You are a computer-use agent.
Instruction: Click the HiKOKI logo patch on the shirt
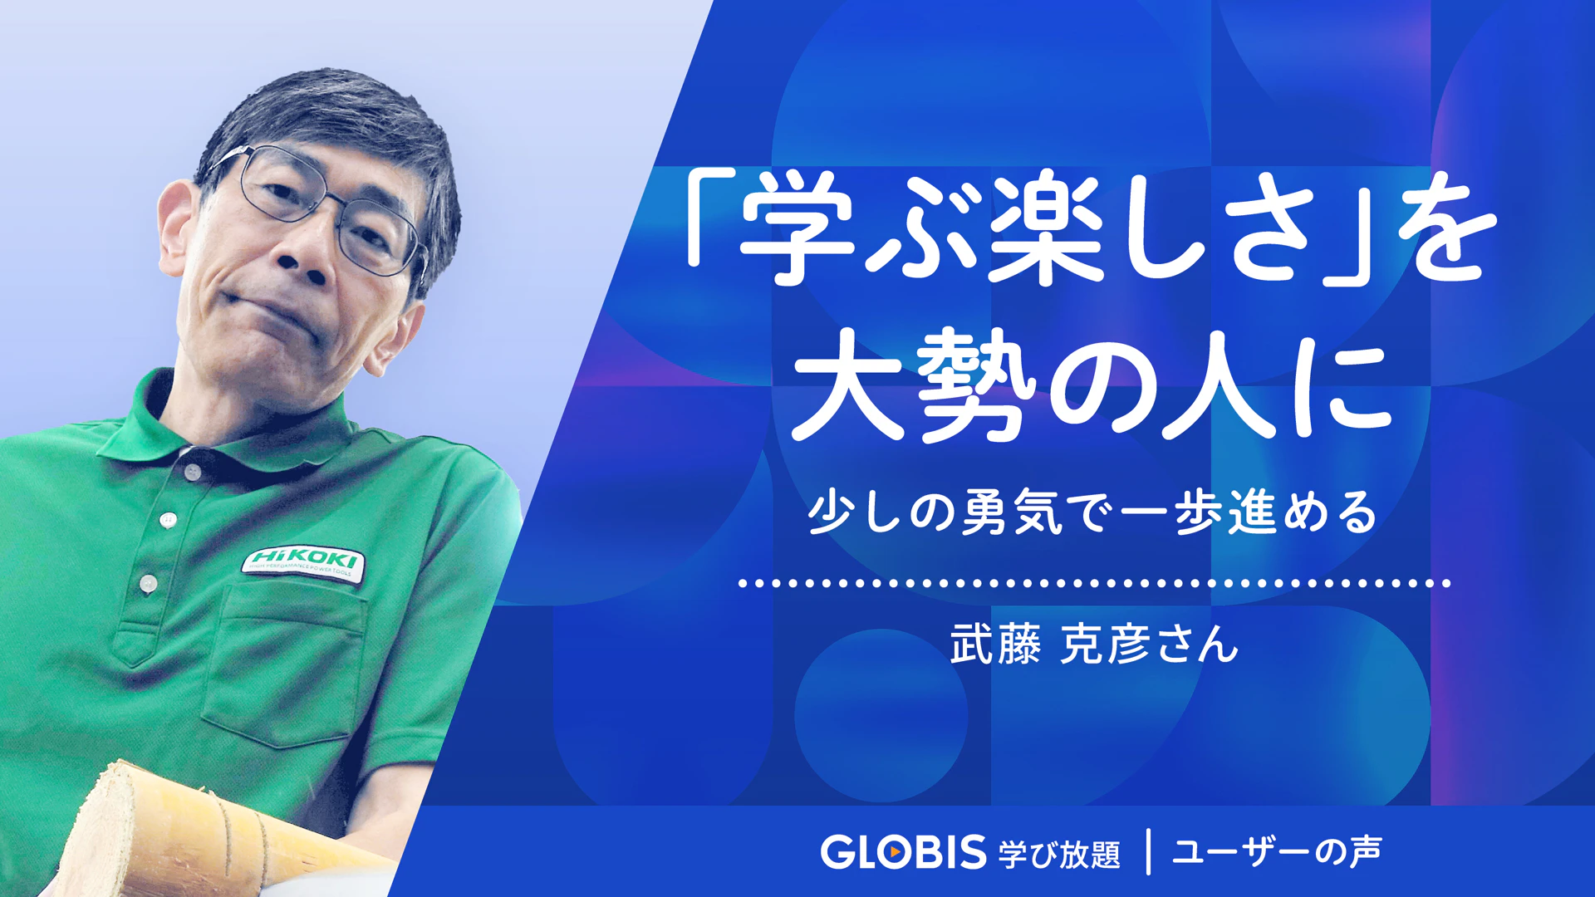(303, 565)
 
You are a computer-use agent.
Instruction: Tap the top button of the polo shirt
(193, 472)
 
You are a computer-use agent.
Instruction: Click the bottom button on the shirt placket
(148, 583)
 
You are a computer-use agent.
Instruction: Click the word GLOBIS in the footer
(903, 852)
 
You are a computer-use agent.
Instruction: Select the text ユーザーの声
(1277, 851)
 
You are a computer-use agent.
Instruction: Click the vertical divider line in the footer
(1148, 851)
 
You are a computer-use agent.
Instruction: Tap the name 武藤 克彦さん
(1094, 644)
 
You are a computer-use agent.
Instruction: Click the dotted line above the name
(1094, 583)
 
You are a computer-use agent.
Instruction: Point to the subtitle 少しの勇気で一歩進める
(1093, 512)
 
